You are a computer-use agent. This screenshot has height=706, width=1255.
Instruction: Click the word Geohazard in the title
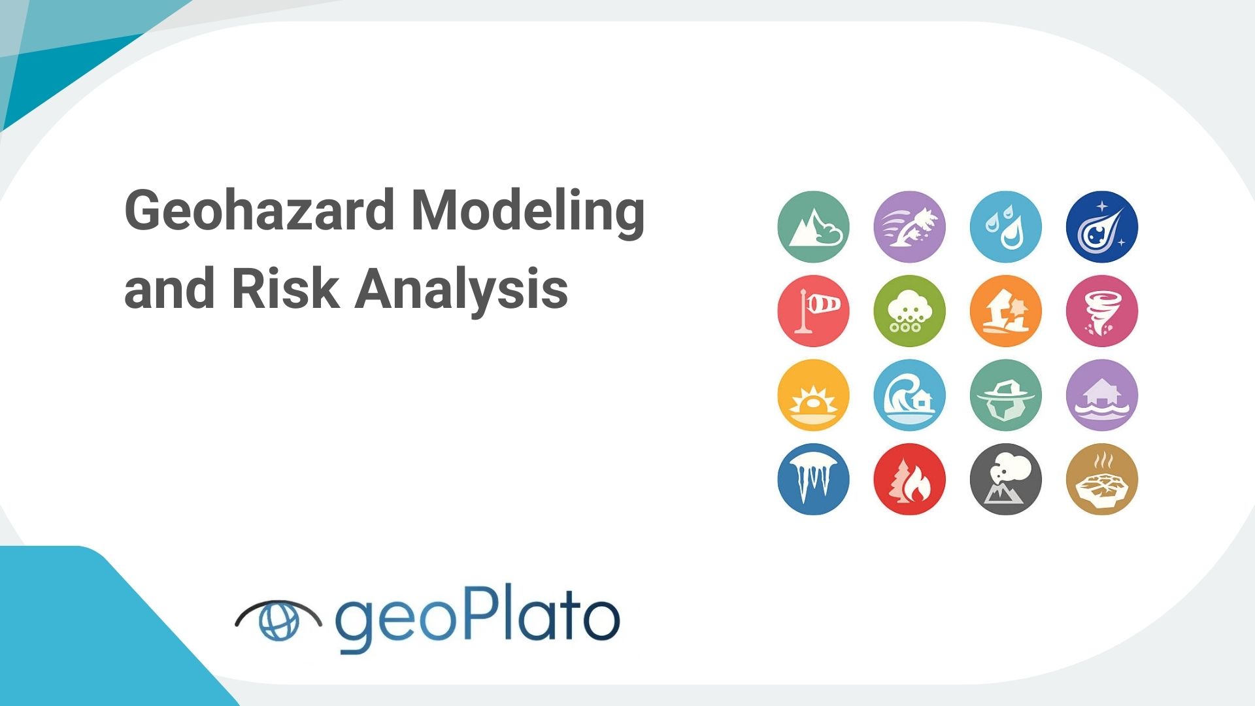259,211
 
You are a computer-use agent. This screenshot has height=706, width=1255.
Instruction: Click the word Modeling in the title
528,211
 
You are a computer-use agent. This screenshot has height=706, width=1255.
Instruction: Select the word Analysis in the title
461,290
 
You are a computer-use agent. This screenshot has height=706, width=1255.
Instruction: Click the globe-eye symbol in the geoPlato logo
278,620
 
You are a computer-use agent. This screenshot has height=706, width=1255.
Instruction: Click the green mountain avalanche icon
813,227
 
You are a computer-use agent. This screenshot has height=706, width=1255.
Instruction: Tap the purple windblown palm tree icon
909,227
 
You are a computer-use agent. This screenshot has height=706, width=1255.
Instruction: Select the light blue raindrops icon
1005,227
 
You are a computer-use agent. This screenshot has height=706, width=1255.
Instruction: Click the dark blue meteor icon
1102,227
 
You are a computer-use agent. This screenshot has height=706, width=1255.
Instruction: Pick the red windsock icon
813,311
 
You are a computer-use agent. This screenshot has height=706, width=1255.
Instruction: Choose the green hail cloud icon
909,311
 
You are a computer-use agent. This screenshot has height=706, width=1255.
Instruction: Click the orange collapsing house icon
1005,311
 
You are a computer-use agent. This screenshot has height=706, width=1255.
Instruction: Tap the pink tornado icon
1102,311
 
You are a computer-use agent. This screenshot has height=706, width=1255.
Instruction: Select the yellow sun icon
813,395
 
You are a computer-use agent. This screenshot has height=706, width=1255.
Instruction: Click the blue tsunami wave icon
909,395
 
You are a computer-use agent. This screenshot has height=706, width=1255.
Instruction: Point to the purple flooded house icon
1102,395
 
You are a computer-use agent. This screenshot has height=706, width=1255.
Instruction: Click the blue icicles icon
813,479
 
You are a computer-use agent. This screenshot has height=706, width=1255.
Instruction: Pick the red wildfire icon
909,479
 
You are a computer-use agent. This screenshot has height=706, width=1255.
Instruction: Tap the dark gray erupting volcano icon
1005,479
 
